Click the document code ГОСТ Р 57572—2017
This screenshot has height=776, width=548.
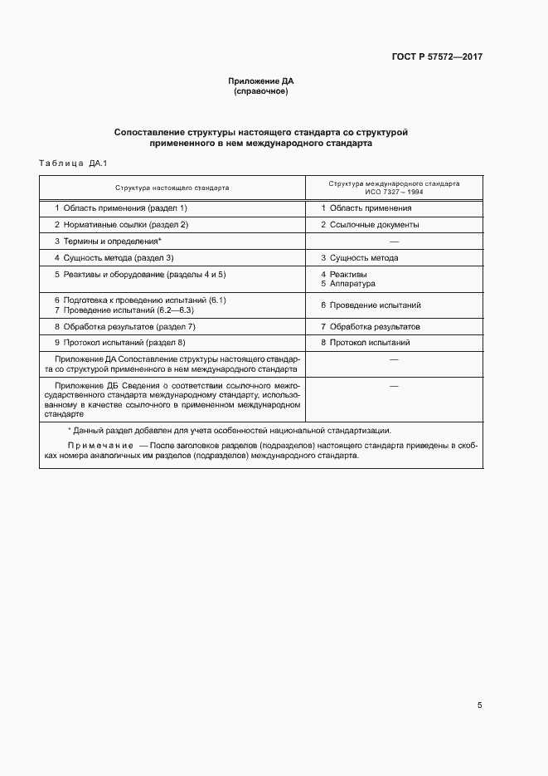[437, 57]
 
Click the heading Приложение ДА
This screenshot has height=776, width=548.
[261, 81]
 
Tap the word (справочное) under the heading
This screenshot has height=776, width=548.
[261, 91]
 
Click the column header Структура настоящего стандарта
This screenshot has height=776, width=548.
[172, 188]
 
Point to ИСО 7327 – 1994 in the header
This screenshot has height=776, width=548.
[394, 192]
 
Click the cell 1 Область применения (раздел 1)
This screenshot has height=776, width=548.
[121, 207]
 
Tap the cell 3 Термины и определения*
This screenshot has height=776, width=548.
[108, 242]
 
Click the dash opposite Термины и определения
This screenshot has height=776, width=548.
[394, 242]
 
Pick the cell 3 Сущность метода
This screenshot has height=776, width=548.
[360, 258]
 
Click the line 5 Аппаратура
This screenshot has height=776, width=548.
[348, 284]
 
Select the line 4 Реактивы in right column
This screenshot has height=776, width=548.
[344, 274]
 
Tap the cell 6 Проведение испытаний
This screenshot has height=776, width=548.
[371, 305]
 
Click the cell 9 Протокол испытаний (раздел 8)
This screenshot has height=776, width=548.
[120, 343]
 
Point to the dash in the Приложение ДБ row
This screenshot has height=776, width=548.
[394, 387]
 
